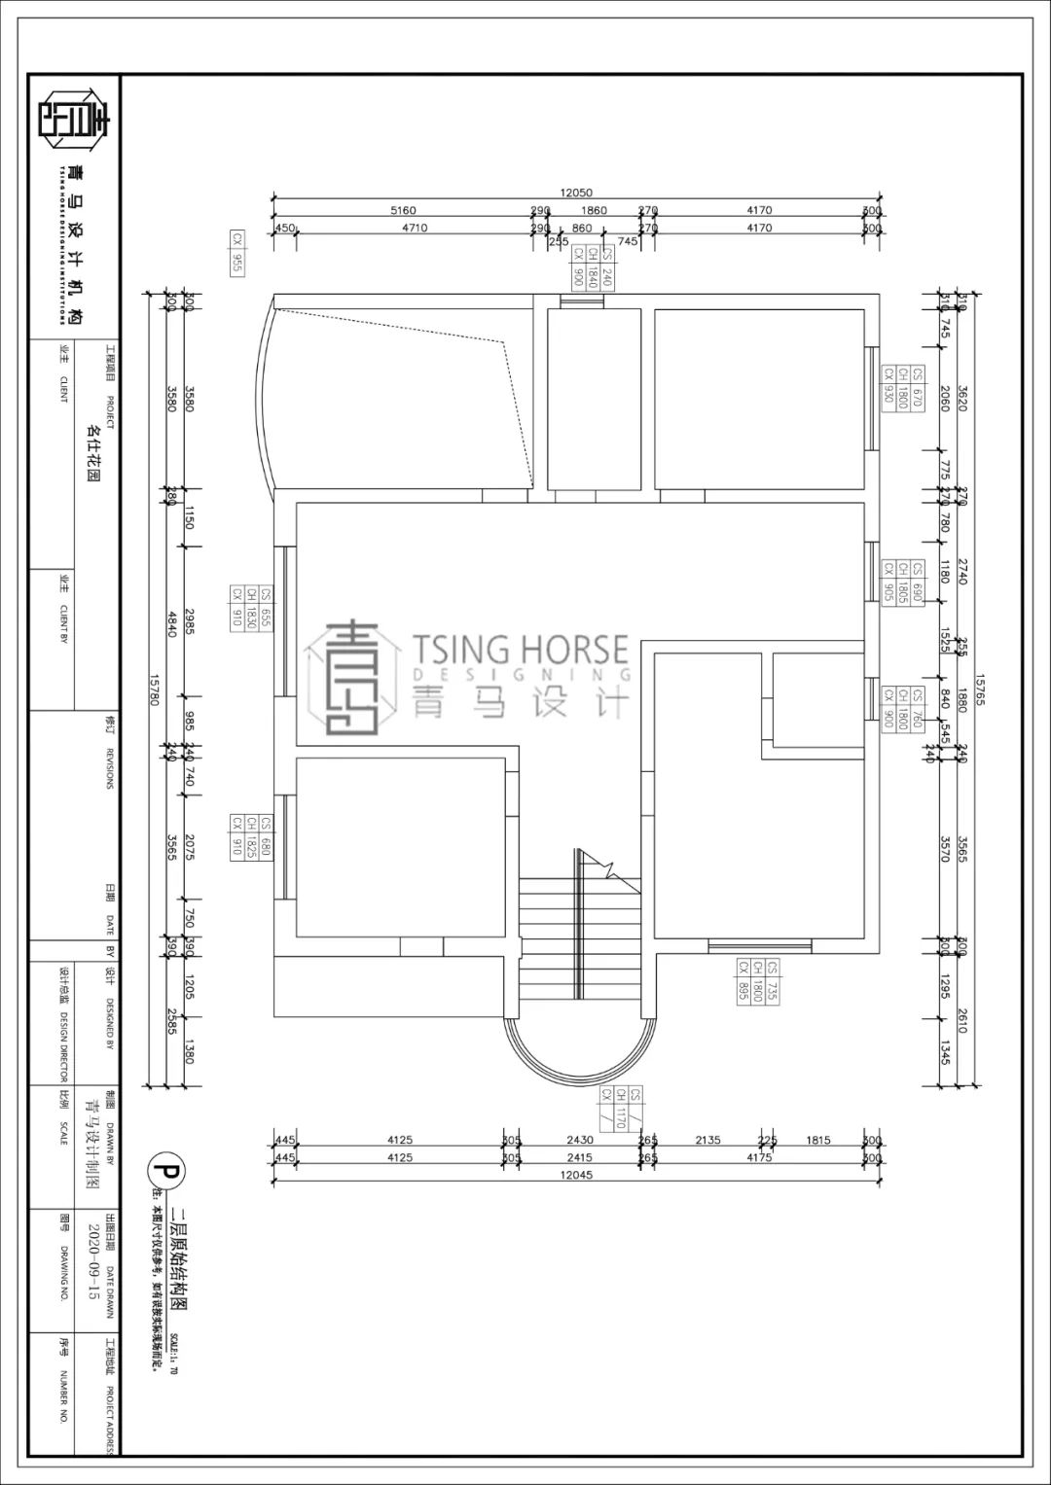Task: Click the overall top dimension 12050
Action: (575, 193)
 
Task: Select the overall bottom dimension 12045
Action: (576, 1175)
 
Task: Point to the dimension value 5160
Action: (403, 210)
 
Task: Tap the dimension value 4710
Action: (415, 228)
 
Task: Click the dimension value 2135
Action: (707, 1140)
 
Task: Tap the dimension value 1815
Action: (818, 1140)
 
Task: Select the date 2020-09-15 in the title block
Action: (93, 1261)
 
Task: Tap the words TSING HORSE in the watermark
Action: (520, 648)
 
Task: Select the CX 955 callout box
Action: (236, 253)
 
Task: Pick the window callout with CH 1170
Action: (621, 1106)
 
